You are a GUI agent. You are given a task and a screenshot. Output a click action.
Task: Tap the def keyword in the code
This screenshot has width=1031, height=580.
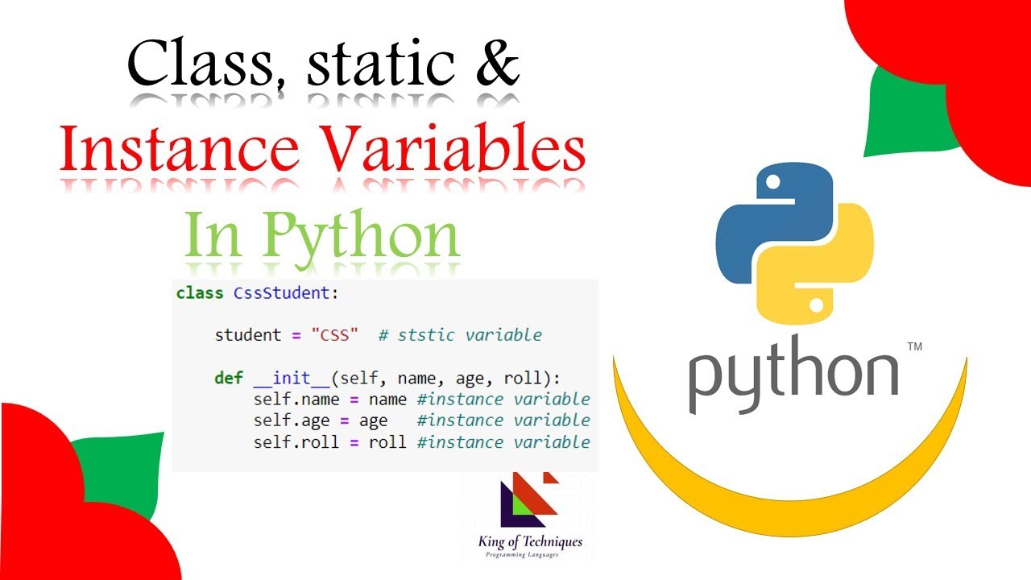(x=229, y=378)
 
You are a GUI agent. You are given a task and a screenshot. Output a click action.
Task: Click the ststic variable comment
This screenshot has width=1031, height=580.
(x=460, y=335)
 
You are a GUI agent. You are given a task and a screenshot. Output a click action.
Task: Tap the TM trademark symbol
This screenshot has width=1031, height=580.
(x=914, y=347)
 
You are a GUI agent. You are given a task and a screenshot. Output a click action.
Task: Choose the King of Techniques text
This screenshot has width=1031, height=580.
(x=529, y=542)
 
